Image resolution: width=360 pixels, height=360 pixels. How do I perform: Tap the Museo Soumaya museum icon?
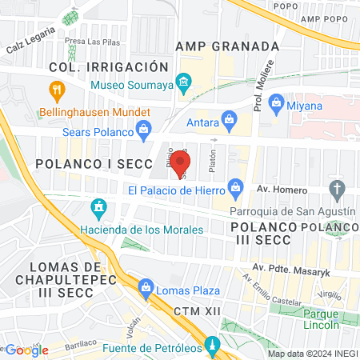183,82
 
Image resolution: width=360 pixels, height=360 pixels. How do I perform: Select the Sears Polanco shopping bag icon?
144,128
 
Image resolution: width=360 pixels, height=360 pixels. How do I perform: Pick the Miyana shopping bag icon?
278,102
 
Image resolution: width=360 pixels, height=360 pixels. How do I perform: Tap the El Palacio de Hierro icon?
235,190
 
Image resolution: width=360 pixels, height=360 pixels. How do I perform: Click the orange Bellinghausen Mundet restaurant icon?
56,90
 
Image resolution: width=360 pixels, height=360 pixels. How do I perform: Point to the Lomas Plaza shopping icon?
146,286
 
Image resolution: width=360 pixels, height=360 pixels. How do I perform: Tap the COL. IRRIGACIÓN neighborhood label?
109,67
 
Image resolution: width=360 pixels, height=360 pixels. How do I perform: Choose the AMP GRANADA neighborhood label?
228,46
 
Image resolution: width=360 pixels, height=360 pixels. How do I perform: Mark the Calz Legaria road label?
32,37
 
